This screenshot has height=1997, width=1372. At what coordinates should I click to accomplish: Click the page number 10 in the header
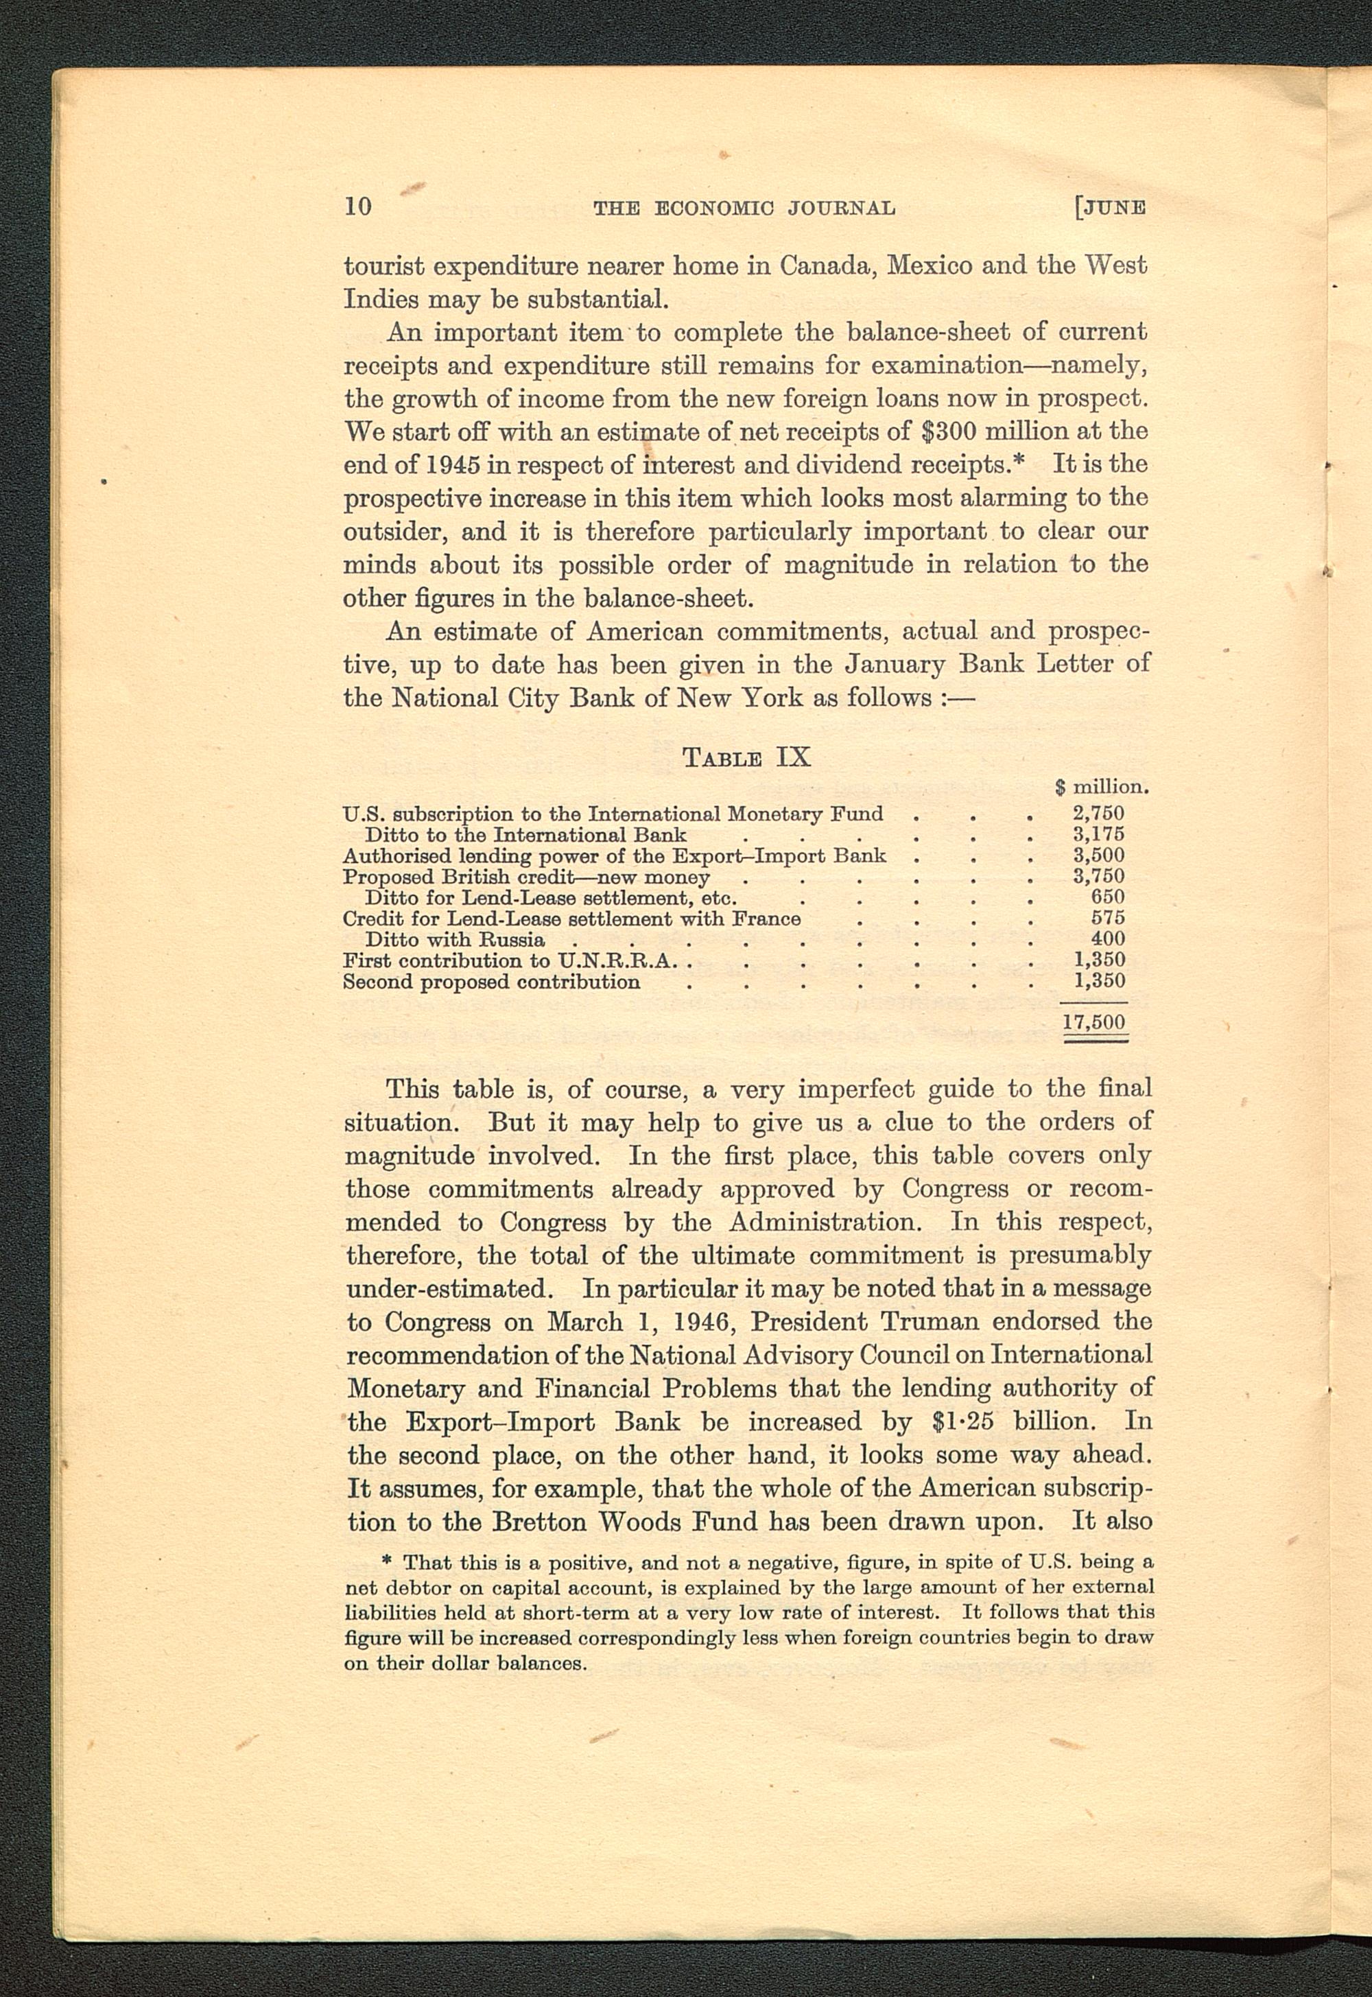(357, 206)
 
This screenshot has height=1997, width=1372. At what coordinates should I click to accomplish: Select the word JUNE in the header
(1114, 208)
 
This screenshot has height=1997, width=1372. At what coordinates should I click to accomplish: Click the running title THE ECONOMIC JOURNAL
(744, 208)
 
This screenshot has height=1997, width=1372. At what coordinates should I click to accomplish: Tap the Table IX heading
(746, 757)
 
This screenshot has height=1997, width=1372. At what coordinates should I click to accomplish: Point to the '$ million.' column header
(1102, 785)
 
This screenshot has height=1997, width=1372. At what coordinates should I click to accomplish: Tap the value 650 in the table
(1107, 897)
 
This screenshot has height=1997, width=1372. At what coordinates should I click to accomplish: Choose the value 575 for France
(1107, 918)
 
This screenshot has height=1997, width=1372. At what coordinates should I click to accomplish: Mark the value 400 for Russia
(1107, 938)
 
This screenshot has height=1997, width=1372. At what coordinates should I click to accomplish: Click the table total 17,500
(1094, 1022)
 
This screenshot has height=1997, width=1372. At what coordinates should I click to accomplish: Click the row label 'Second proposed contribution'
(491, 982)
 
